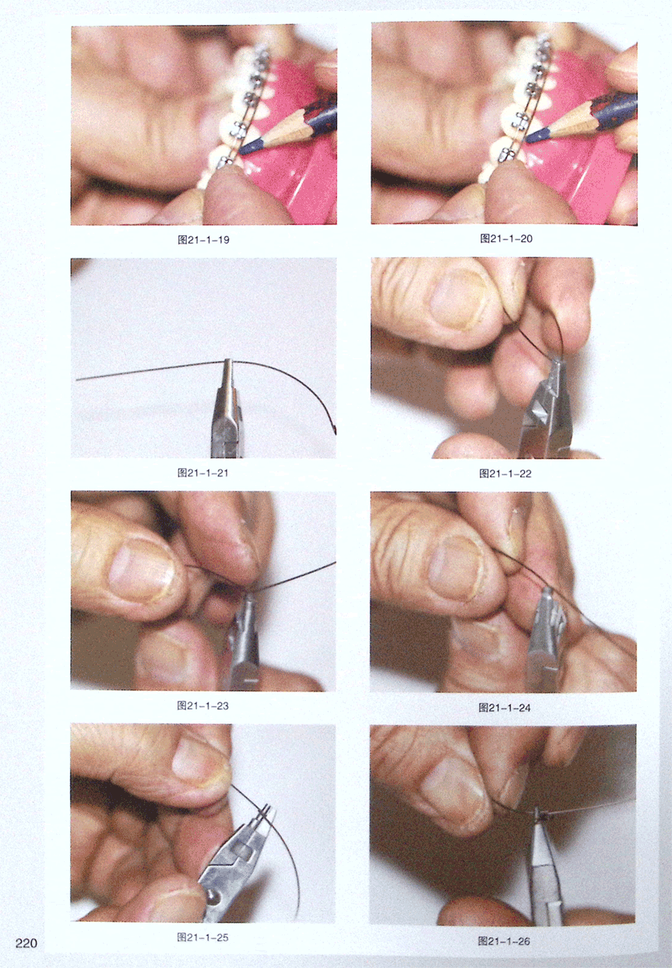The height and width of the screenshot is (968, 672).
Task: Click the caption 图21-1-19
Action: click(203, 240)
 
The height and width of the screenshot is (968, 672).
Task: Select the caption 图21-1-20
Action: click(506, 238)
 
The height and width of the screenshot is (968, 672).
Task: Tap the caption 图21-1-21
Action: click(202, 473)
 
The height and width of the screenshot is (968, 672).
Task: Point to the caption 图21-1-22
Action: click(505, 473)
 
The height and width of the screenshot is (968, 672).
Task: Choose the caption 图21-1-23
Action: click(202, 706)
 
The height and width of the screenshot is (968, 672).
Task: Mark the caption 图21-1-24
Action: click(505, 707)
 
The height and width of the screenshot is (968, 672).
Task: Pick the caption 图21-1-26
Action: click(504, 942)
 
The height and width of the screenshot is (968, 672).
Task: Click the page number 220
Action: click(26, 943)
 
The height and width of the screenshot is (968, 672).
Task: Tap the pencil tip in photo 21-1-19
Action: click(241, 151)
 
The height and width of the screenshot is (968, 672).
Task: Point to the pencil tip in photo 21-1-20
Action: click(528, 139)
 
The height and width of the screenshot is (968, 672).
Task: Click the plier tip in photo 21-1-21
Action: click(228, 362)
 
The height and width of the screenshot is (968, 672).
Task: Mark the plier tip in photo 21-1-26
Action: click(537, 812)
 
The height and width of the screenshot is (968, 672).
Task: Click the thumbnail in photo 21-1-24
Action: click(455, 569)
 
